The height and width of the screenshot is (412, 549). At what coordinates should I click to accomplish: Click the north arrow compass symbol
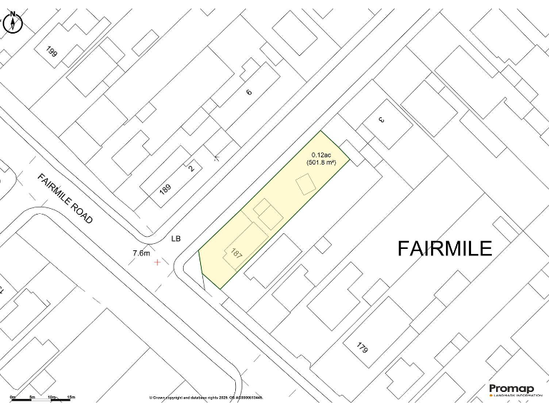coord(13,23)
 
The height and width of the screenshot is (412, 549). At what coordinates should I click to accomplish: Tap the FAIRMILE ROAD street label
coord(66,199)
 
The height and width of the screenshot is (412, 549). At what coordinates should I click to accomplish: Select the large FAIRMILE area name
coord(445,249)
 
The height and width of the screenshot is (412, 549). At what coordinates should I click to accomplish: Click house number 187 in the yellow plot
coord(237,253)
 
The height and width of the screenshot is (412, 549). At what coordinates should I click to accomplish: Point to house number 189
coord(165,190)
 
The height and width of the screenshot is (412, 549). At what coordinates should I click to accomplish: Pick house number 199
coord(51,51)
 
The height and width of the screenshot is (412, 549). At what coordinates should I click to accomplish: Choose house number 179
coord(362,348)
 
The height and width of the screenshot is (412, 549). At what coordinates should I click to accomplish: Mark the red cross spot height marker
coord(158,263)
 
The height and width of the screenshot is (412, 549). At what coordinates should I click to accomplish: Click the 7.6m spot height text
coord(142,253)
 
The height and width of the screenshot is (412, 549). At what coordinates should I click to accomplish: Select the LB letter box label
coord(176,239)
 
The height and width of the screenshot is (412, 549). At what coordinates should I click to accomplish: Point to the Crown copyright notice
coord(206,398)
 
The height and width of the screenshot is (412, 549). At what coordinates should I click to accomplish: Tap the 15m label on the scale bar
coord(71,396)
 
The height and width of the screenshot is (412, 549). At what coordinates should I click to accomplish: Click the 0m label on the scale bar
coord(13,396)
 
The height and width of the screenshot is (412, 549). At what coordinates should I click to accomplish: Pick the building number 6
coord(249,92)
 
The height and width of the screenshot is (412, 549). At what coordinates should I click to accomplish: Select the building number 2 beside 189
coord(191,169)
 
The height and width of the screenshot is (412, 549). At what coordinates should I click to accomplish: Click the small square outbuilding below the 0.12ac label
coord(305,185)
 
